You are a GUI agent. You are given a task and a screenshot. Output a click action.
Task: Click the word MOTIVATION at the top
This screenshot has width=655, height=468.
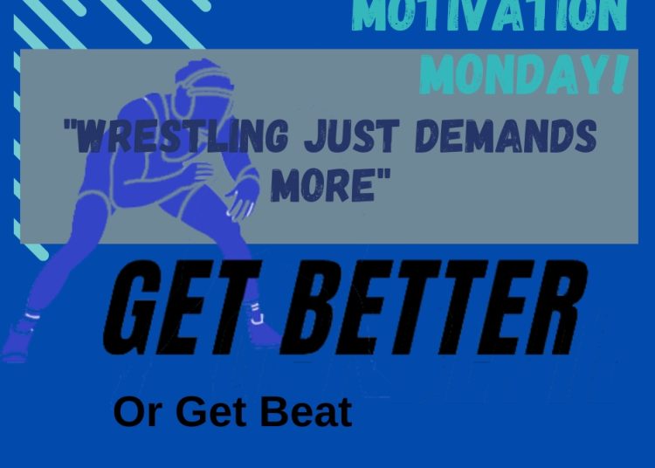[490, 16]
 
